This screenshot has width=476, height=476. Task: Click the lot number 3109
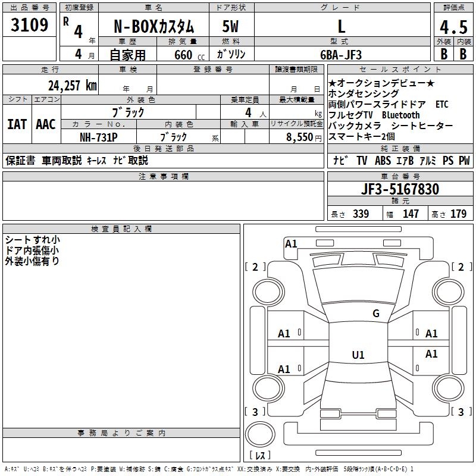[x=30, y=26]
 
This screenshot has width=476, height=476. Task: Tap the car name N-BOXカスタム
[x=154, y=27]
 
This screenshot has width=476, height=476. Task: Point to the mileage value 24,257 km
[x=73, y=86]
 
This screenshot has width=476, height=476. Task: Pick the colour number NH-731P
[x=99, y=137]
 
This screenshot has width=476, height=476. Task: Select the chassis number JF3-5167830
[x=400, y=189]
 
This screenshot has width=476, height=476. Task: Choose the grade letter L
[x=342, y=27]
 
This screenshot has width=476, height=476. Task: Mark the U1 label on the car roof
[x=358, y=355]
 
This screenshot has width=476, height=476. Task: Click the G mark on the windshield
[x=375, y=314]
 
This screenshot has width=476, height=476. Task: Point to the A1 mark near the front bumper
[x=291, y=243]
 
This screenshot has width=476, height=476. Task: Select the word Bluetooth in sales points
[x=400, y=115]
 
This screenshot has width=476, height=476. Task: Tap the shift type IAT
[x=17, y=124]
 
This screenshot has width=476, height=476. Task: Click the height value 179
[x=458, y=214]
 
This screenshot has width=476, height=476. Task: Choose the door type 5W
[x=230, y=27]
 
